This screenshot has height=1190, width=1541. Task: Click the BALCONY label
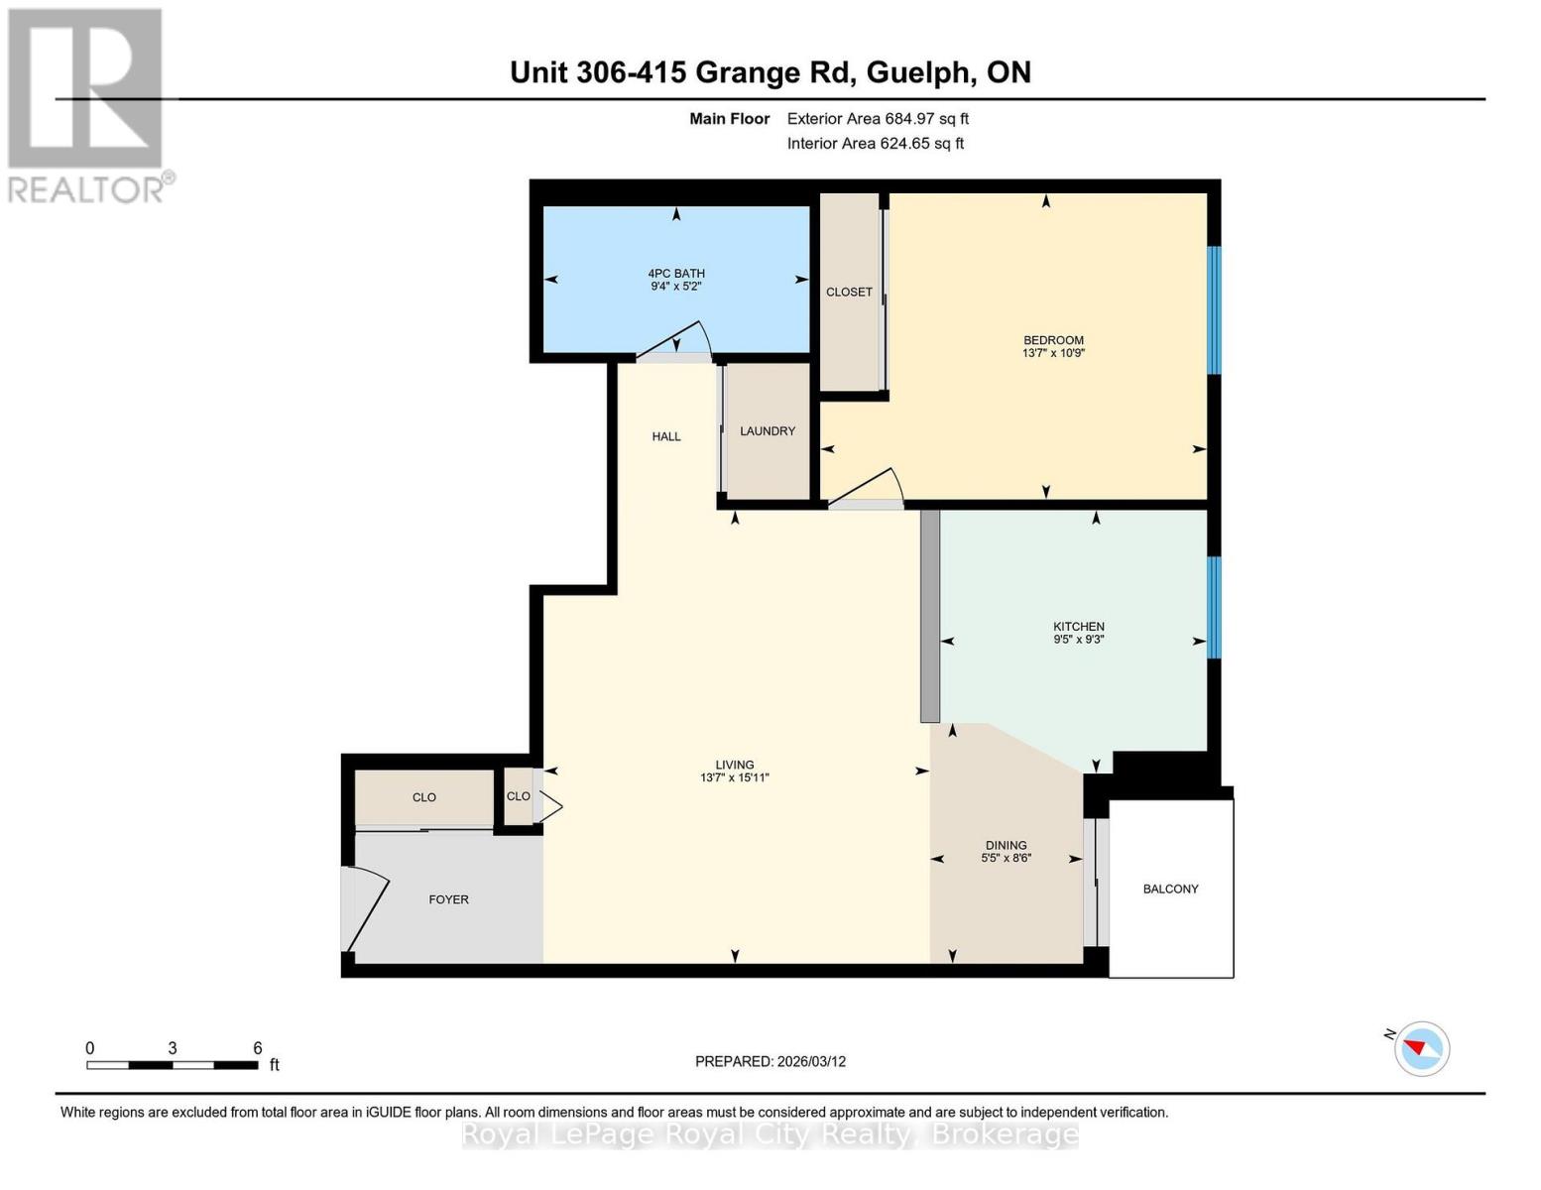[x=1170, y=889]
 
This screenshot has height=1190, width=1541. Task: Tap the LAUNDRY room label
[x=768, y=431]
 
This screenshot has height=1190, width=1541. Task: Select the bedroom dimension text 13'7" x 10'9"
[x=1053, y=353]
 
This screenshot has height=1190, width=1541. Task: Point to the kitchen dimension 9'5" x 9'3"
[x=1079, y=640]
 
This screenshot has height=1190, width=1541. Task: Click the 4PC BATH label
[x=676, y=274]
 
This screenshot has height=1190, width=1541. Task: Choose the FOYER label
[x=448, y=899]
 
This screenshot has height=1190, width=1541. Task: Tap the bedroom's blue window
[x=1214, y=309]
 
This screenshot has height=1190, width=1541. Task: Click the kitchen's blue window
[x=1214, y=607]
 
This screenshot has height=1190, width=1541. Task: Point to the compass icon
[x=1422, y=1048]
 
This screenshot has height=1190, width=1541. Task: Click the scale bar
[x=173, y=1065]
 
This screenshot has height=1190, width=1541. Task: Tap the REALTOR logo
[x=87, y=104]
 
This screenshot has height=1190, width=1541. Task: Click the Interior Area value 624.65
[x=907, y=144]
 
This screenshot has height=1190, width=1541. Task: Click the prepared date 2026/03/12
[x=810, y=1061]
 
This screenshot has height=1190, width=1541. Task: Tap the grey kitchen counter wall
[x=929, y=616]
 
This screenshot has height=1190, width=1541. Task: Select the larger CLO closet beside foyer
[x=424, y=797]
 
